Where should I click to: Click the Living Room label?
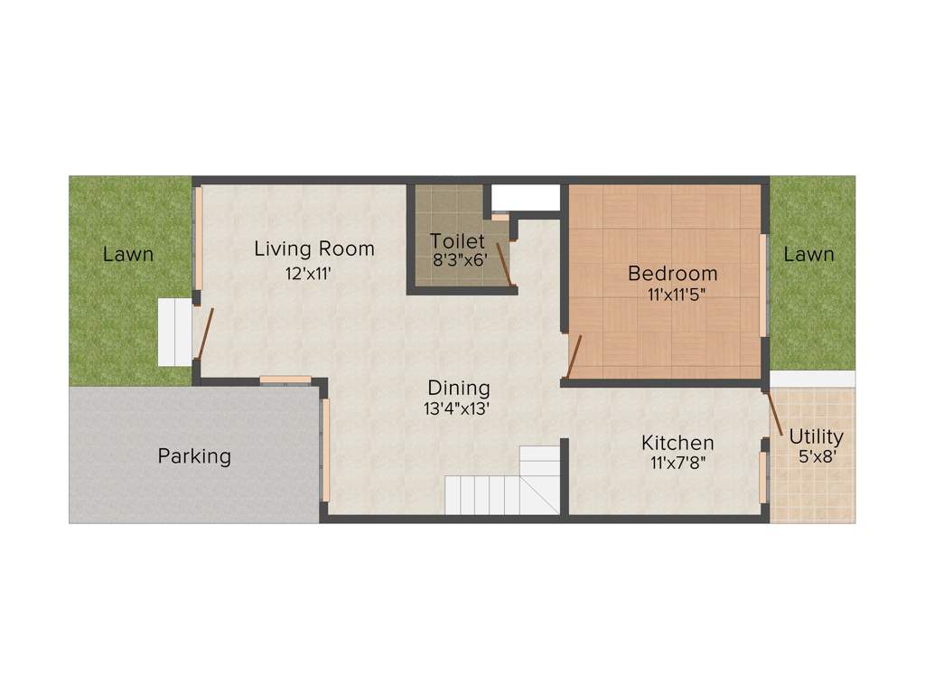click(313, 249)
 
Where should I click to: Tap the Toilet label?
click(457, 241)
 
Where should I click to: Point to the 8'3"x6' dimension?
click(460, 259)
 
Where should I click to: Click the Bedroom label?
click(673, 273)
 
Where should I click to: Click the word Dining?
click(459, 389)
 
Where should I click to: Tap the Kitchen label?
click(677, 443)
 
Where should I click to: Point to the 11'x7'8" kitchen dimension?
click(677, 464)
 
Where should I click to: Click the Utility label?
click(816, 437)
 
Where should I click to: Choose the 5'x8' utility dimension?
click(818, 457)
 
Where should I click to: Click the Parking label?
click(194, 456)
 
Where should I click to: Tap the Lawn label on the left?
click(127, 255)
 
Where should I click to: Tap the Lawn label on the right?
click(808, 255)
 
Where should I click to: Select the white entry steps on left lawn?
click(174, 332)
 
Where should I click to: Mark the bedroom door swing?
click(573, 356)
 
